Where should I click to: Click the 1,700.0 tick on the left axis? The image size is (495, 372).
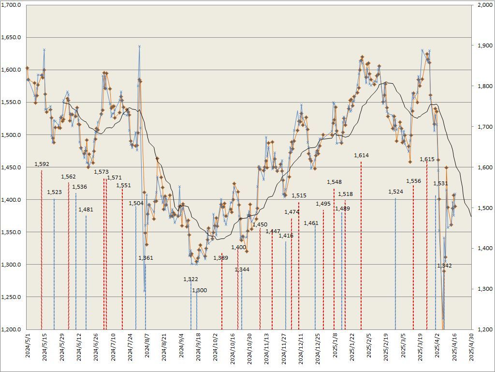(x=11, y=5)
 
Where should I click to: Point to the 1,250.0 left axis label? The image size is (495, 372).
(x=11, y=297)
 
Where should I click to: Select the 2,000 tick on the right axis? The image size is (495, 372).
(x=484, y=5)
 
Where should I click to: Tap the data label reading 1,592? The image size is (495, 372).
(x=42, y=164)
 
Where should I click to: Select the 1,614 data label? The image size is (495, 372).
(x=361, y=155)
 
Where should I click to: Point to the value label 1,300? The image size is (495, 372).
(x=199, y=290)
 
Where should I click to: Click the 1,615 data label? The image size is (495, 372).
(x=427, y=159)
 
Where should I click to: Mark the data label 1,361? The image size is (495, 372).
(x=146, y=258)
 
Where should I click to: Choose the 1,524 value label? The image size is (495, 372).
(x=395, y=192)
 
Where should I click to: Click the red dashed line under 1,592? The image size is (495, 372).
(x=42, y=252)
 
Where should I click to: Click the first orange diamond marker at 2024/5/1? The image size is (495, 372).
(x=28, y=68)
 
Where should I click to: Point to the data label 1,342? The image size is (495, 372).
(x=444, y=266)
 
